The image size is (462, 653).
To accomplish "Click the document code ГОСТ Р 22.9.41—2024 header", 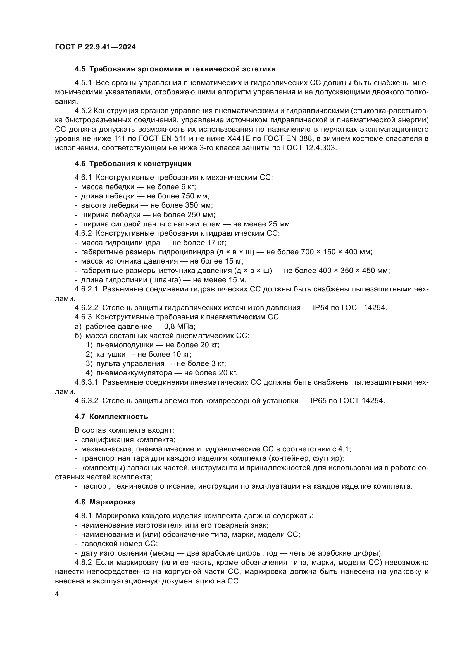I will tap(95, 47).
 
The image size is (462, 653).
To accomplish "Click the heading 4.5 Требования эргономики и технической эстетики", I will tap(175, 69).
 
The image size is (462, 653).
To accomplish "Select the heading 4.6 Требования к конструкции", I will tap(133, 164).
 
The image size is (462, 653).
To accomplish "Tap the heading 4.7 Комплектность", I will tap(111, 417).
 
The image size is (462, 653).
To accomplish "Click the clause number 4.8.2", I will tap(83, 563).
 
